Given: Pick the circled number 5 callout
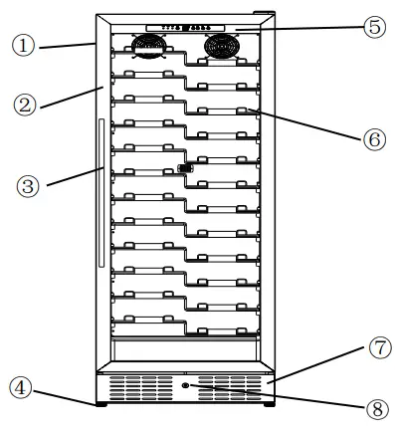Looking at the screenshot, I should pos(373,27).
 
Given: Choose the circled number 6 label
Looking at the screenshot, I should pos(373,139).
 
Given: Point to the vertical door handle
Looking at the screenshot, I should pos(101,193).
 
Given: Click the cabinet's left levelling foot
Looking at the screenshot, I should pos(100,406).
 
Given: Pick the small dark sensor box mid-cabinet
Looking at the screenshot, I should pos(184,169).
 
